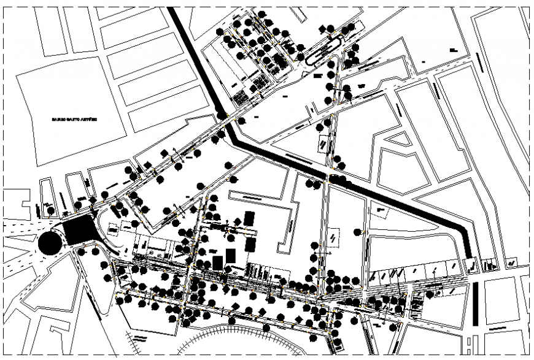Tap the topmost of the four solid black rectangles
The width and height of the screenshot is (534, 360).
(249, 218)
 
